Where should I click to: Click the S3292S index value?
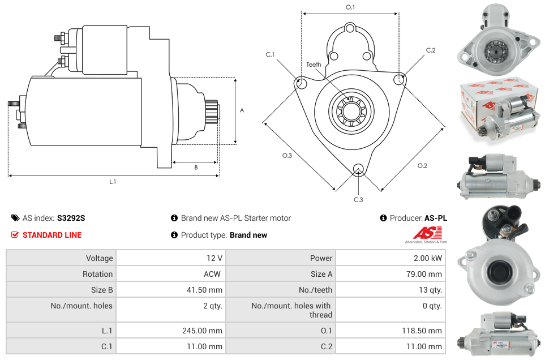click(71, 218)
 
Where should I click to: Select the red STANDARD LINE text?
click(52, 235)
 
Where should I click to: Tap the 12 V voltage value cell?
click(214, 258)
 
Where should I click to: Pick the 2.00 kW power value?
click(428, 258)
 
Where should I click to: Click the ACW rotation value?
click(212, 274)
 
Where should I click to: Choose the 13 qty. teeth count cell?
click(429, 290)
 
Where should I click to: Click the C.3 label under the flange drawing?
click(358, 200)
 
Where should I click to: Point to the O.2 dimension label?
click(422, 165)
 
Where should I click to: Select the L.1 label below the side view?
click(113, 182)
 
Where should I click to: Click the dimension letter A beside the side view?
click(242, 110)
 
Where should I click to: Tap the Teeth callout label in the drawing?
click(314, 65)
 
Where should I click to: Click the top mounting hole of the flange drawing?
click(350, 28)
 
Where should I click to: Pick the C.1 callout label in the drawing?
click(270, 54)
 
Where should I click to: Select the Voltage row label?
click(99, 258)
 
